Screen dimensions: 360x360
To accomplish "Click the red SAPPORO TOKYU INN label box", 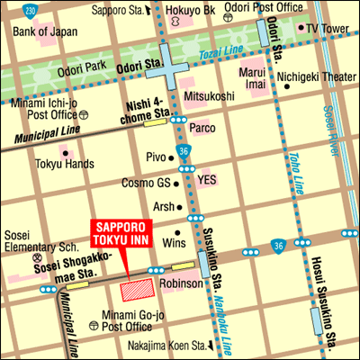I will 126,232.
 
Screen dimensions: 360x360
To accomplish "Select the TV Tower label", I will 326,28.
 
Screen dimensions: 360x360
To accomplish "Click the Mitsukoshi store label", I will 209,94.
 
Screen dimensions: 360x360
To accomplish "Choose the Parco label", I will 202,128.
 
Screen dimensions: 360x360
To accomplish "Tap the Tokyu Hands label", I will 66,164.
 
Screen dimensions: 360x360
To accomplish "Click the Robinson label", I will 180,283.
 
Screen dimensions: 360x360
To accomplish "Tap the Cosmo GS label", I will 146,183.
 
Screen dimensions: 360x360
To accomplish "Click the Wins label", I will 173,243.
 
